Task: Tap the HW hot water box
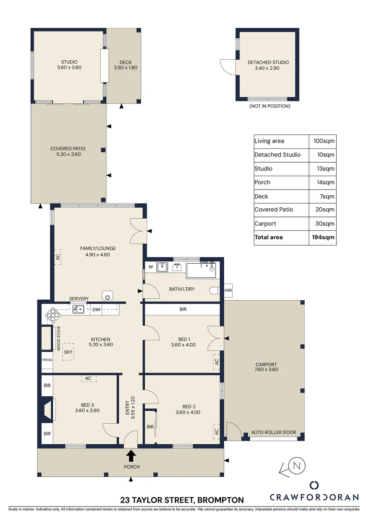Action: point(228,291)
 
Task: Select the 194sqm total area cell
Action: point(322,237)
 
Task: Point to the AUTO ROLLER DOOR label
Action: point(274,432)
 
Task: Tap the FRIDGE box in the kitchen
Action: point(46,360)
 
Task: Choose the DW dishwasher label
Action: point(96,310)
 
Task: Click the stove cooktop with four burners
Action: point(52,315)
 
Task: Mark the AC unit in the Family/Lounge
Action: point(57,257)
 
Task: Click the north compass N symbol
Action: point(297,465)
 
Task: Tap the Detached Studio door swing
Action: point(228,67)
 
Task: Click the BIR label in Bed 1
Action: point(183,310)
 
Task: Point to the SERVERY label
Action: point(79,299)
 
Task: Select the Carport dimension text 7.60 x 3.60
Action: point(266,370)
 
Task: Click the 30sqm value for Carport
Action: point(322,224)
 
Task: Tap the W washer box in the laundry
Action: point(150,267)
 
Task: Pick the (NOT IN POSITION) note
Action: point(270,106)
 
